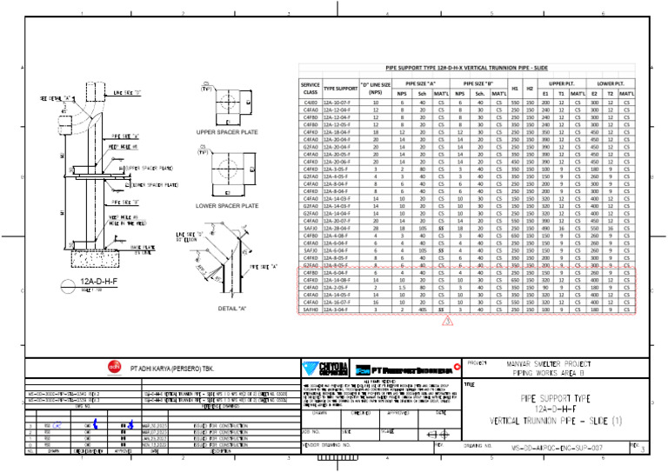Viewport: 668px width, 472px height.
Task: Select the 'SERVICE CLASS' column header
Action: (310, 88)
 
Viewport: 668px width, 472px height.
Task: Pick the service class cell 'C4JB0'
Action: (310, 102)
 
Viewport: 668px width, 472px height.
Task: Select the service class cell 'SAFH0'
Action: (310, 309)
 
